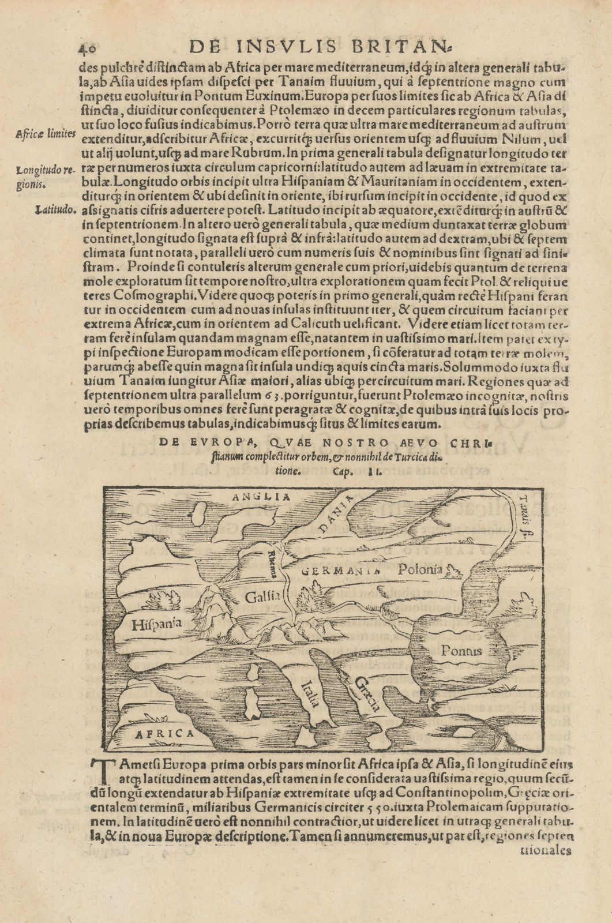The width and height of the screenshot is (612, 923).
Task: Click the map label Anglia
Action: [x=260, y=496]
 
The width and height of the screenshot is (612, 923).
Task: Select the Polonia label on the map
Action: [x=419, y=569]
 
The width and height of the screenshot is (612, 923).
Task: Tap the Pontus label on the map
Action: [x=461, y=651]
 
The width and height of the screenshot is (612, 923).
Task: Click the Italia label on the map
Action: [x=310, y=693]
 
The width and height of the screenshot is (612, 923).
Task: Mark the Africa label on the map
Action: [x=164, y=734]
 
